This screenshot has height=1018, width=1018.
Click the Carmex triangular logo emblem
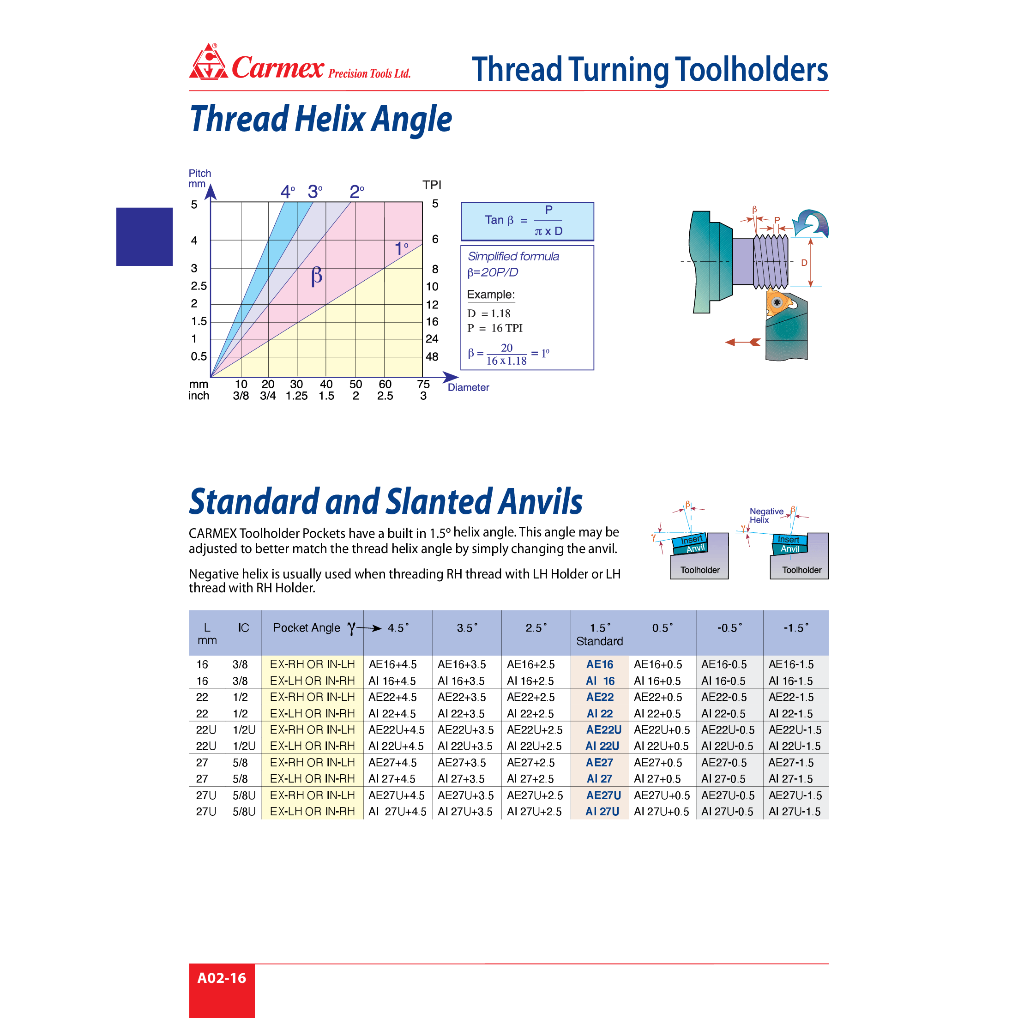(208, 63)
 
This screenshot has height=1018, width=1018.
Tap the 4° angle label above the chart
(288, 192)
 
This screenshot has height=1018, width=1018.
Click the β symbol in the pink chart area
(316, 276)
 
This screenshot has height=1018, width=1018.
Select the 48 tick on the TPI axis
(432, 357)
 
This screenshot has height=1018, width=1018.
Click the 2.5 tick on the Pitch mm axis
(199, 286)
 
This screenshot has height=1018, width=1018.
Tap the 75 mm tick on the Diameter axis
(423, 384)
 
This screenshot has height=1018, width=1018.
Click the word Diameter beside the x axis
(469, 387)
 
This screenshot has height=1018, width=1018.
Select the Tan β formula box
(527, 221)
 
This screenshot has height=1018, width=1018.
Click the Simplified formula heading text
(513, 257)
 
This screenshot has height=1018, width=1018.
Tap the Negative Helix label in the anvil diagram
(765, 515)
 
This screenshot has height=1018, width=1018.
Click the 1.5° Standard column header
(600, 634)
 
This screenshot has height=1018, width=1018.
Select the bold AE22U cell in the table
(603, 730)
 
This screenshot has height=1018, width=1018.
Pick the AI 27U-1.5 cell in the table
(794, 812)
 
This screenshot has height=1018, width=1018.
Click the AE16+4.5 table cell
(392, 664)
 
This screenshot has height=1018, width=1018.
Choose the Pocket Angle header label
(307, 627)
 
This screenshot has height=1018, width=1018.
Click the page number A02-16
(221, 978)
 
